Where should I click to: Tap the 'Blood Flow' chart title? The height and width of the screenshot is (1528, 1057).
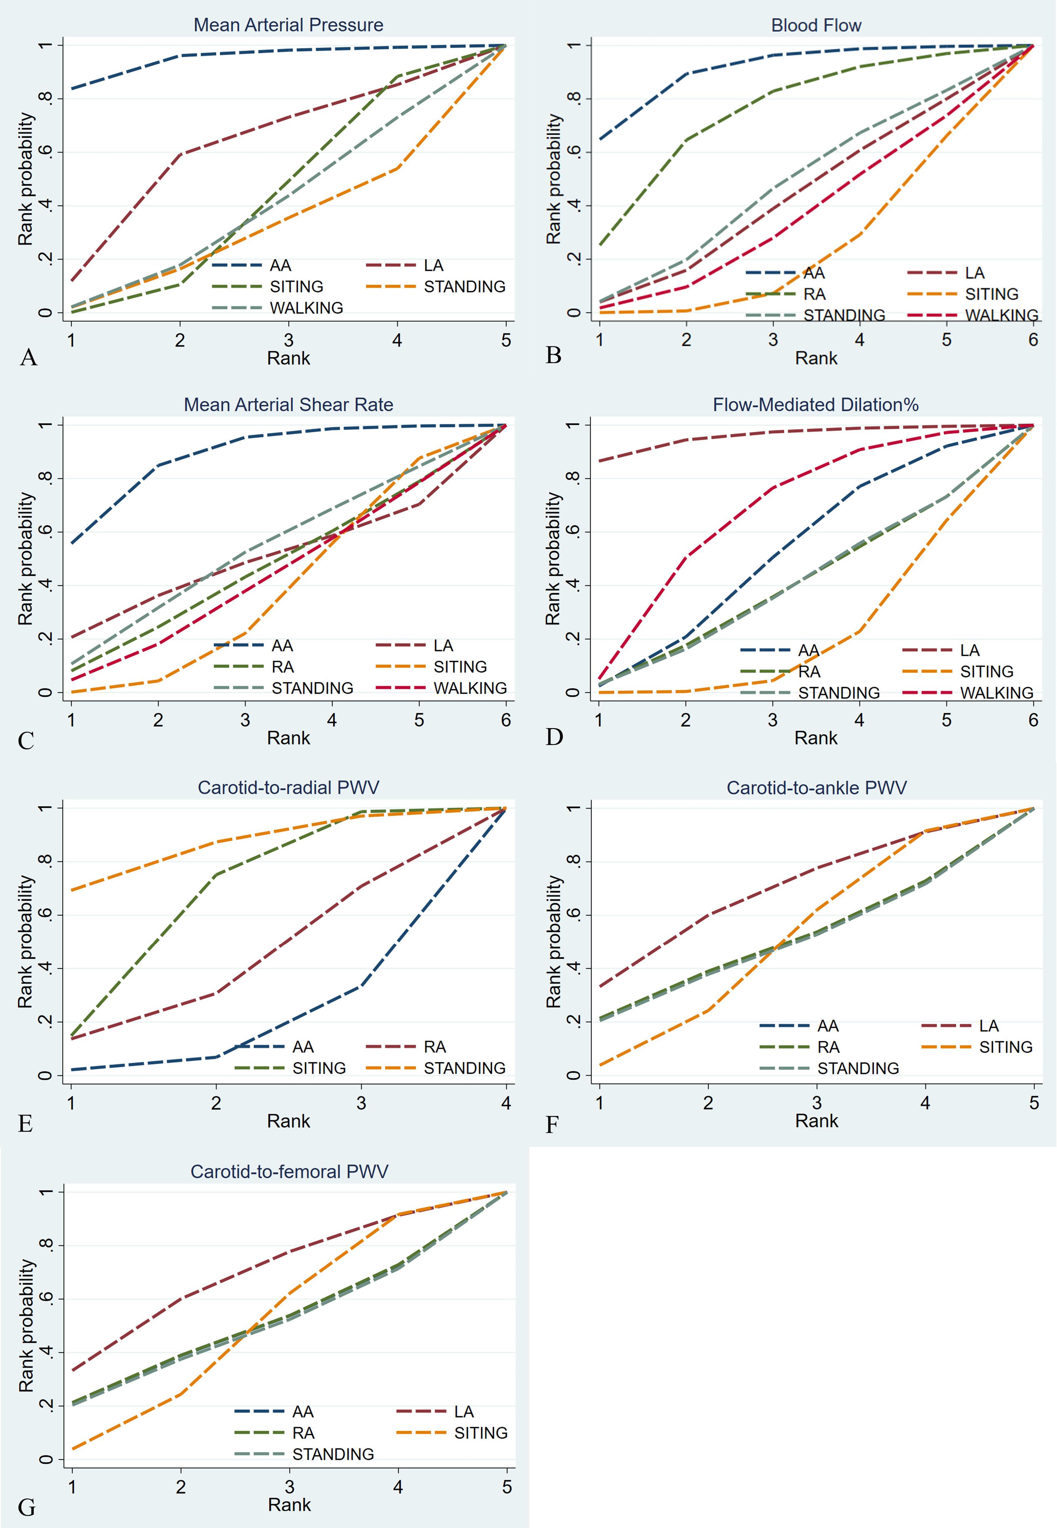(x=816, y=25)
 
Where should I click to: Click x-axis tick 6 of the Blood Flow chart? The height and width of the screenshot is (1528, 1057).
(x=1033, y=340)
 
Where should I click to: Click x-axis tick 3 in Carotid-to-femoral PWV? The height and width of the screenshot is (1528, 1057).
(x=289, y=1487)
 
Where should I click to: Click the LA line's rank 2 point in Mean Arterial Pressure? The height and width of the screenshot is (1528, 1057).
(x=180, y=154)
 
